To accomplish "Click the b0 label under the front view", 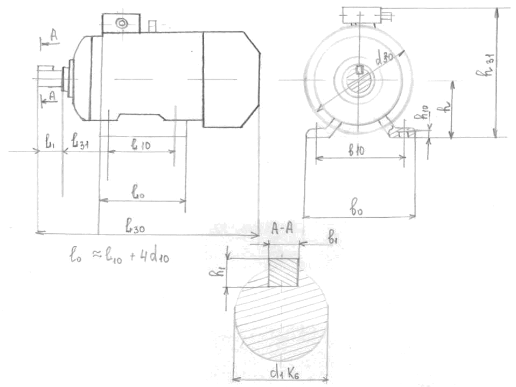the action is [x=356, y=205].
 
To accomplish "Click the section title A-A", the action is [x=282, y=227].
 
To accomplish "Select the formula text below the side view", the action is [x=120, y=255].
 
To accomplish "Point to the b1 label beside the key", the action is [x=333, y=236].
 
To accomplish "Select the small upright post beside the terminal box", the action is [x=152, y=25].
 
